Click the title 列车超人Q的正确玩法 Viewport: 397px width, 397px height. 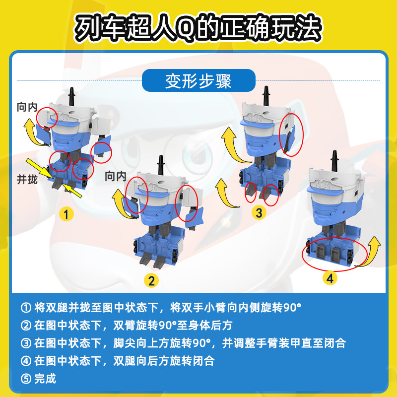198,29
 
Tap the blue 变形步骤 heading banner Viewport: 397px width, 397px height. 198,81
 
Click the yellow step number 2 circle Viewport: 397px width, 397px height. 152,280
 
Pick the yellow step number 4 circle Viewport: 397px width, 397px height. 330,278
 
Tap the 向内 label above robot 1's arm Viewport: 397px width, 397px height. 27,107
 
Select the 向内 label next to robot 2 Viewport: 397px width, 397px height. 116,176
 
